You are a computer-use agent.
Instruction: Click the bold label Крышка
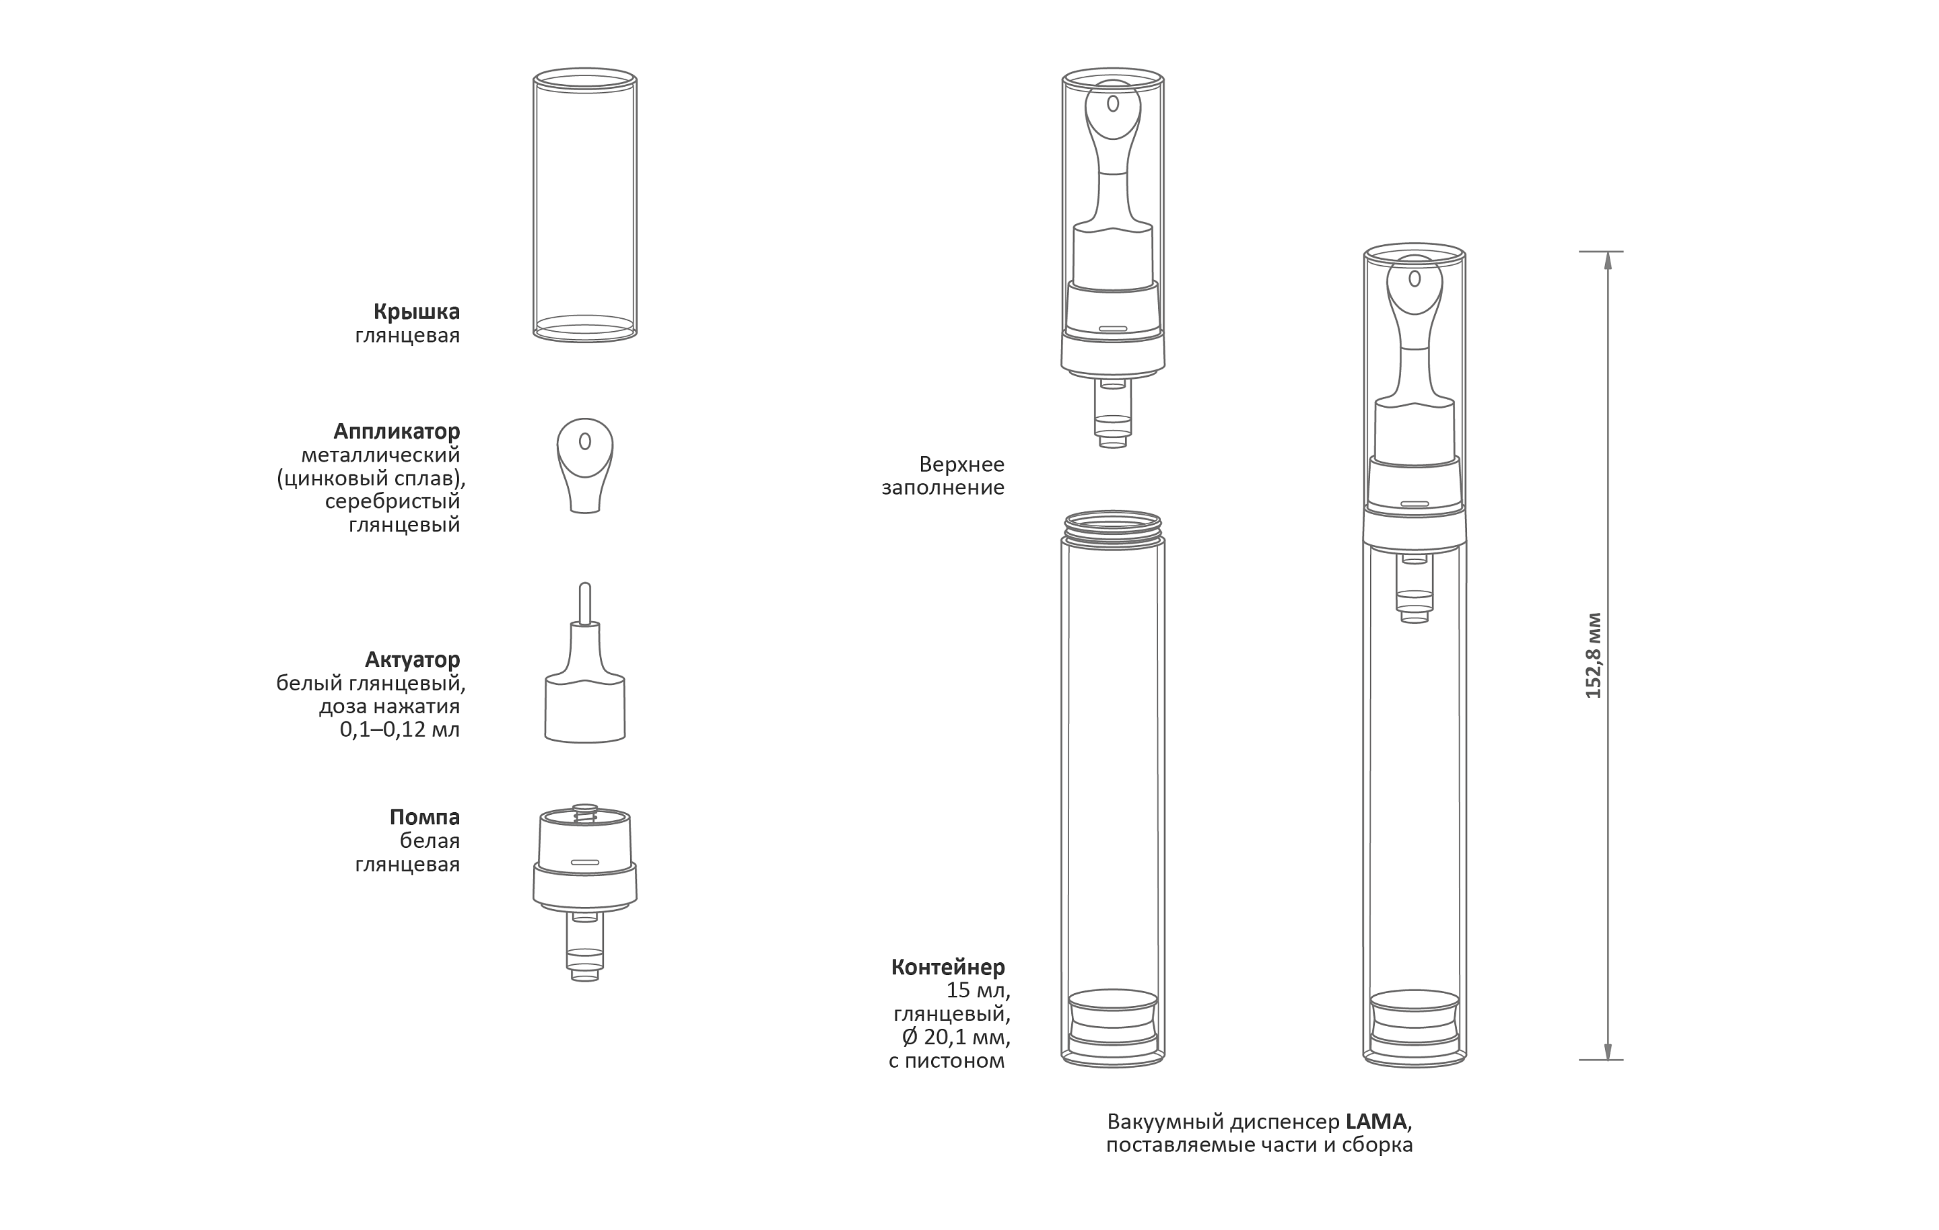coord(416,312)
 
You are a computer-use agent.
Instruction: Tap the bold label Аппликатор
coord(397,431)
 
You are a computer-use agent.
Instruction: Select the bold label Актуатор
coord(412,660)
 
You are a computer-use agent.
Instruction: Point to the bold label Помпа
coord(424,817)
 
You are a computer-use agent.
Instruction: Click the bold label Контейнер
coord(948,968)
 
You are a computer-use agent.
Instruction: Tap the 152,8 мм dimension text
coord(1593,656)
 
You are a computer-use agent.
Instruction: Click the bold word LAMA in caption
coord(1377,1121)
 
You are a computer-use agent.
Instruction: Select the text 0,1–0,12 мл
coord(399,730)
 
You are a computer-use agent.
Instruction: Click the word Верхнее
coord(961,464)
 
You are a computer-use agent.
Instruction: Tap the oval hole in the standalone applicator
coord(586,441)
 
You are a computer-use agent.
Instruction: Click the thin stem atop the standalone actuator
coord(586,602)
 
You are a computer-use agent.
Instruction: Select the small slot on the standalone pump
coord(586,863)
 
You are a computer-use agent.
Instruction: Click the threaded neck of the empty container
coord(1113,525)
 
